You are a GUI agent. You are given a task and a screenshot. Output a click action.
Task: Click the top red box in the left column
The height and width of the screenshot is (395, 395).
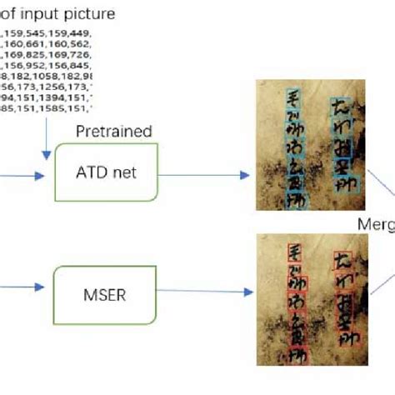click(x=294, y=251)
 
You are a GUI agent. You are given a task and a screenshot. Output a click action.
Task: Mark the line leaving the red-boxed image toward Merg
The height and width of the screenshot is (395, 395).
click(x=379, y=283)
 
